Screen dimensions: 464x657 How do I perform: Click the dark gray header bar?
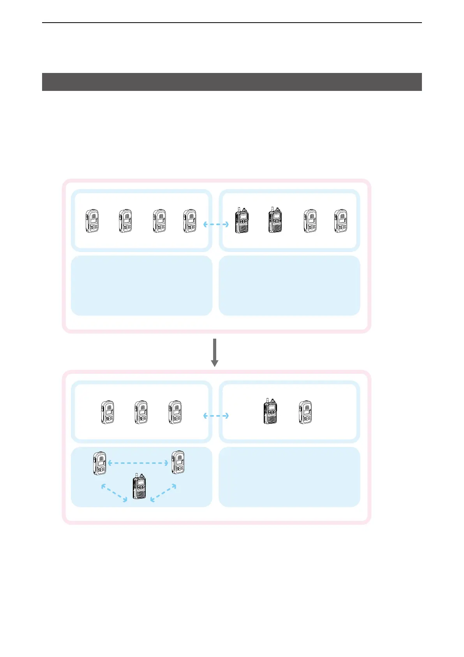(232, 82)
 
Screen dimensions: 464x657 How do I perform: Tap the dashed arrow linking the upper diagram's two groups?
(216, 224)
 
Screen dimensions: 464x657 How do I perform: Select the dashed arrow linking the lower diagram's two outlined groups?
(216, 416)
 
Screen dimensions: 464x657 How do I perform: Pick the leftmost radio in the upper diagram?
(92, 221)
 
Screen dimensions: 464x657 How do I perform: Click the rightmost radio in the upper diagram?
(341, 221)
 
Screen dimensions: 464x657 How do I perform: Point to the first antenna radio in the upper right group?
(242, 220)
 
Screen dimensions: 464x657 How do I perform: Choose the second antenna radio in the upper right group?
(275, 220)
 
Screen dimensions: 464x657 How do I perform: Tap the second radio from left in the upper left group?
(125, 221)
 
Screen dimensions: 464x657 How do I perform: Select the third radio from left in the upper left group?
(159, 221)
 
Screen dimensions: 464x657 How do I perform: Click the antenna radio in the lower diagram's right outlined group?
(270, 412)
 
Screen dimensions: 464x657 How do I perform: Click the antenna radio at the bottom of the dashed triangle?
(139, 487)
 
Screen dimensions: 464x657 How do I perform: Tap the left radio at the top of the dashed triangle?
(100, 463)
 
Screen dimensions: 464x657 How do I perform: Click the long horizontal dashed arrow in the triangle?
(138, 463)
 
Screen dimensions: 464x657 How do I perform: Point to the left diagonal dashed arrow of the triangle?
(114, 493)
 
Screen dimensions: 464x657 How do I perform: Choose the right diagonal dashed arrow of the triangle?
(163, 493)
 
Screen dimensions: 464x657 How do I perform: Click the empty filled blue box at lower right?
(289, 477)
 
